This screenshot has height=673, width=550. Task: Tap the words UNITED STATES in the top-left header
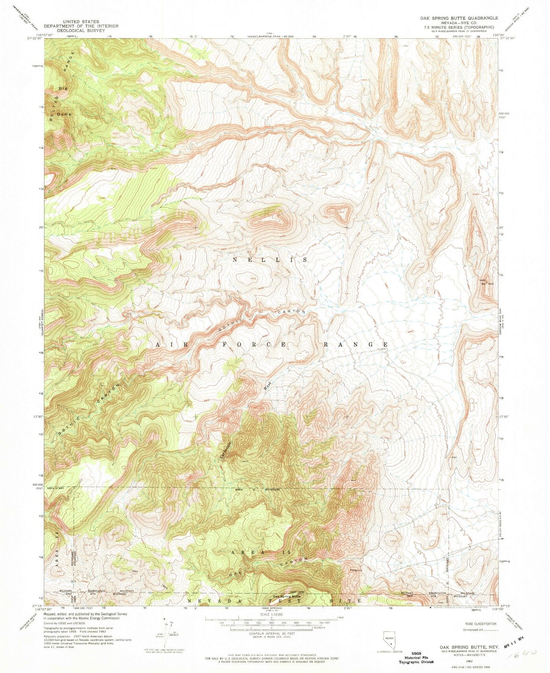point(81,22)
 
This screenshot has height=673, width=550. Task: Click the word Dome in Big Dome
point(64,114)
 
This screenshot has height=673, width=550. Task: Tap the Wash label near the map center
point(268,385)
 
